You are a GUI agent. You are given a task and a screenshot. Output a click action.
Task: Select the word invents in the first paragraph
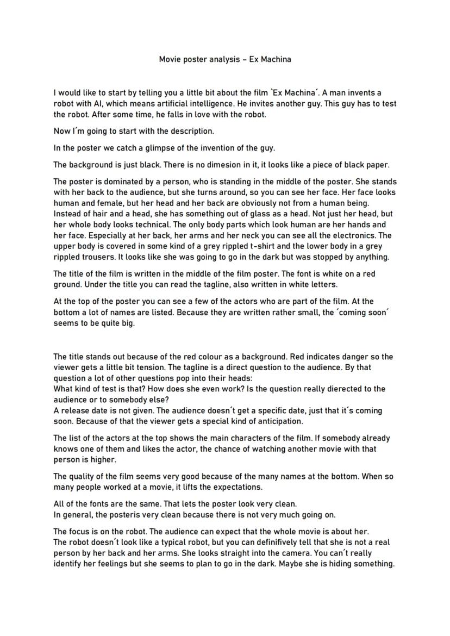tap(353, 93)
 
